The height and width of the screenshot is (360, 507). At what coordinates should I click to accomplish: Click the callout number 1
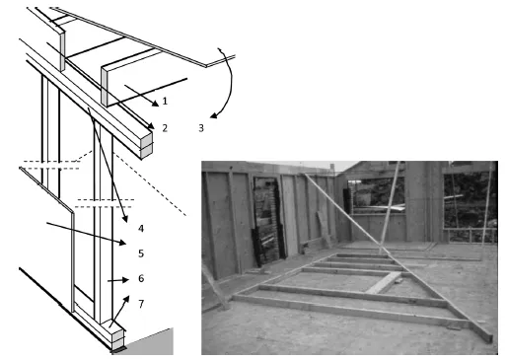click(165, 101)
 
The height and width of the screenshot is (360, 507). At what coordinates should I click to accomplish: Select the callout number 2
click(165, 128)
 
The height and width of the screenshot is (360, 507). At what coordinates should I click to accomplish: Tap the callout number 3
click(201, 128)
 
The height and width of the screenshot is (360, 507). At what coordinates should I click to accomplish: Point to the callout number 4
click(141, 229)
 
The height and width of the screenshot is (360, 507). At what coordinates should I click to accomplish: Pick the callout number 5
click(141, 253)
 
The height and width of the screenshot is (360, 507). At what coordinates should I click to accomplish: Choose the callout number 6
click(141, 278)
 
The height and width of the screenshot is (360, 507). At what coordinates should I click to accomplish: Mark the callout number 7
click(141, 304)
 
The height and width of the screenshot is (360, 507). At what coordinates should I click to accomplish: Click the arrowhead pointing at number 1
click(155, 103)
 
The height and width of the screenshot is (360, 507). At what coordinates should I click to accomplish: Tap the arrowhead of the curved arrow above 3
click(214, 115)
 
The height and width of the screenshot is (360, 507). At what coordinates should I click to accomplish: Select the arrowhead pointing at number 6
click(125, 280)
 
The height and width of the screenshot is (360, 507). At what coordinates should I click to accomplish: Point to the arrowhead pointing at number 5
click(122, 243)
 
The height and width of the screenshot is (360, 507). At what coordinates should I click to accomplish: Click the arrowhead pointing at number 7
click(126, 299)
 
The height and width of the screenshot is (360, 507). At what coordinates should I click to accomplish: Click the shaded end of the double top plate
click(147, 146)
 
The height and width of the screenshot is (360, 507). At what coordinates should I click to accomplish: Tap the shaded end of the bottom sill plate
click(118, 339)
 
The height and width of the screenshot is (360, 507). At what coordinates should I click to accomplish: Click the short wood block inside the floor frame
click(384, 283)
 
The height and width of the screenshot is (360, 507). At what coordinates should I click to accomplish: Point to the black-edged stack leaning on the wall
click(268, 221)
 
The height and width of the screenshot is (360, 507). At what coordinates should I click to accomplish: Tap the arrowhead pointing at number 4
click(125, 219)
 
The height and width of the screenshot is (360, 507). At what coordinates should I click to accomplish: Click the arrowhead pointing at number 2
click(151, 126)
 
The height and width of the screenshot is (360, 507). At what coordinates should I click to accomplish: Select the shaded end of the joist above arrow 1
click(105, 87)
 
